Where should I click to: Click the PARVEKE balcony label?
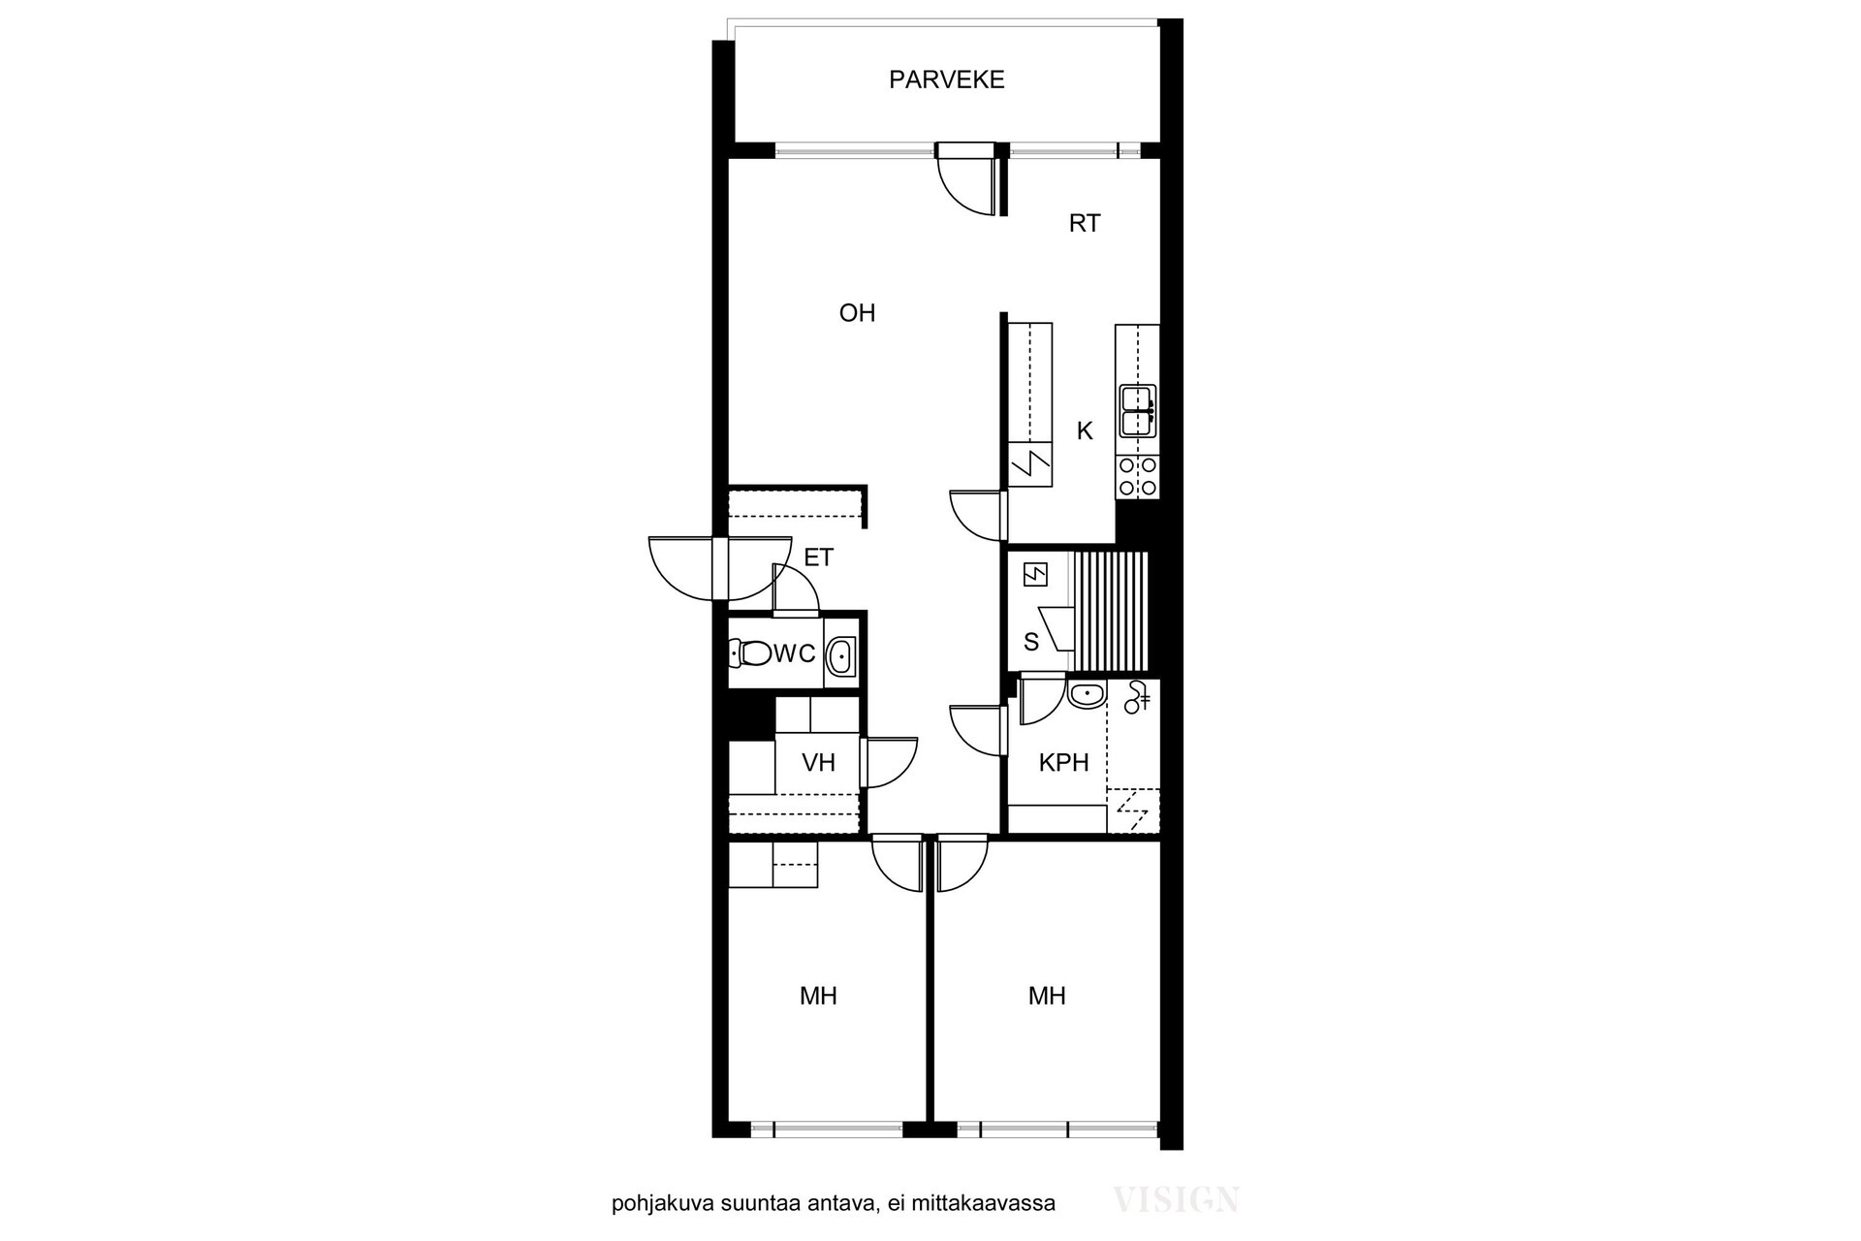[x=946, y=80]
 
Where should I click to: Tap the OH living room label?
[x=857, y=313]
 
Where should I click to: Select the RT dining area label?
[x=1085, y=224]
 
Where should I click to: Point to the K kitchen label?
[x=1085, y=430]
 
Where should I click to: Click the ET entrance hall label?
[x=819, y=557]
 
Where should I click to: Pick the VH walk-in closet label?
[x=818, y=763]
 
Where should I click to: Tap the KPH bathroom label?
[x=1063, y=763]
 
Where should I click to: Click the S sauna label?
[x=1031, y=642]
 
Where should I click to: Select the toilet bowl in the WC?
[x=749, y=652]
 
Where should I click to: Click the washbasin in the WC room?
[x=840, y=656]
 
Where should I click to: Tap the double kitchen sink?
[x=1137, y=411]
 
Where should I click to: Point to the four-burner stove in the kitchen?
[x=1137, y=477]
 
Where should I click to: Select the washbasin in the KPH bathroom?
[x=1086, y=694]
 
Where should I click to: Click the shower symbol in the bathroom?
[x=1137, y=698]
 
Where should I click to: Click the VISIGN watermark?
[x=1176, y=1200]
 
